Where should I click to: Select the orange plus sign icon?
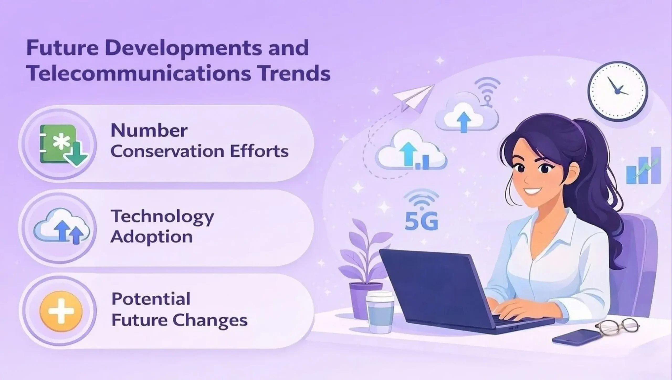pyautogui.click(x=61, y=311)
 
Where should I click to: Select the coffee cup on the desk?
pyautogui.click(x=380, y=312)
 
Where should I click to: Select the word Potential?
pyautogui.click(x=151, y=299)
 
